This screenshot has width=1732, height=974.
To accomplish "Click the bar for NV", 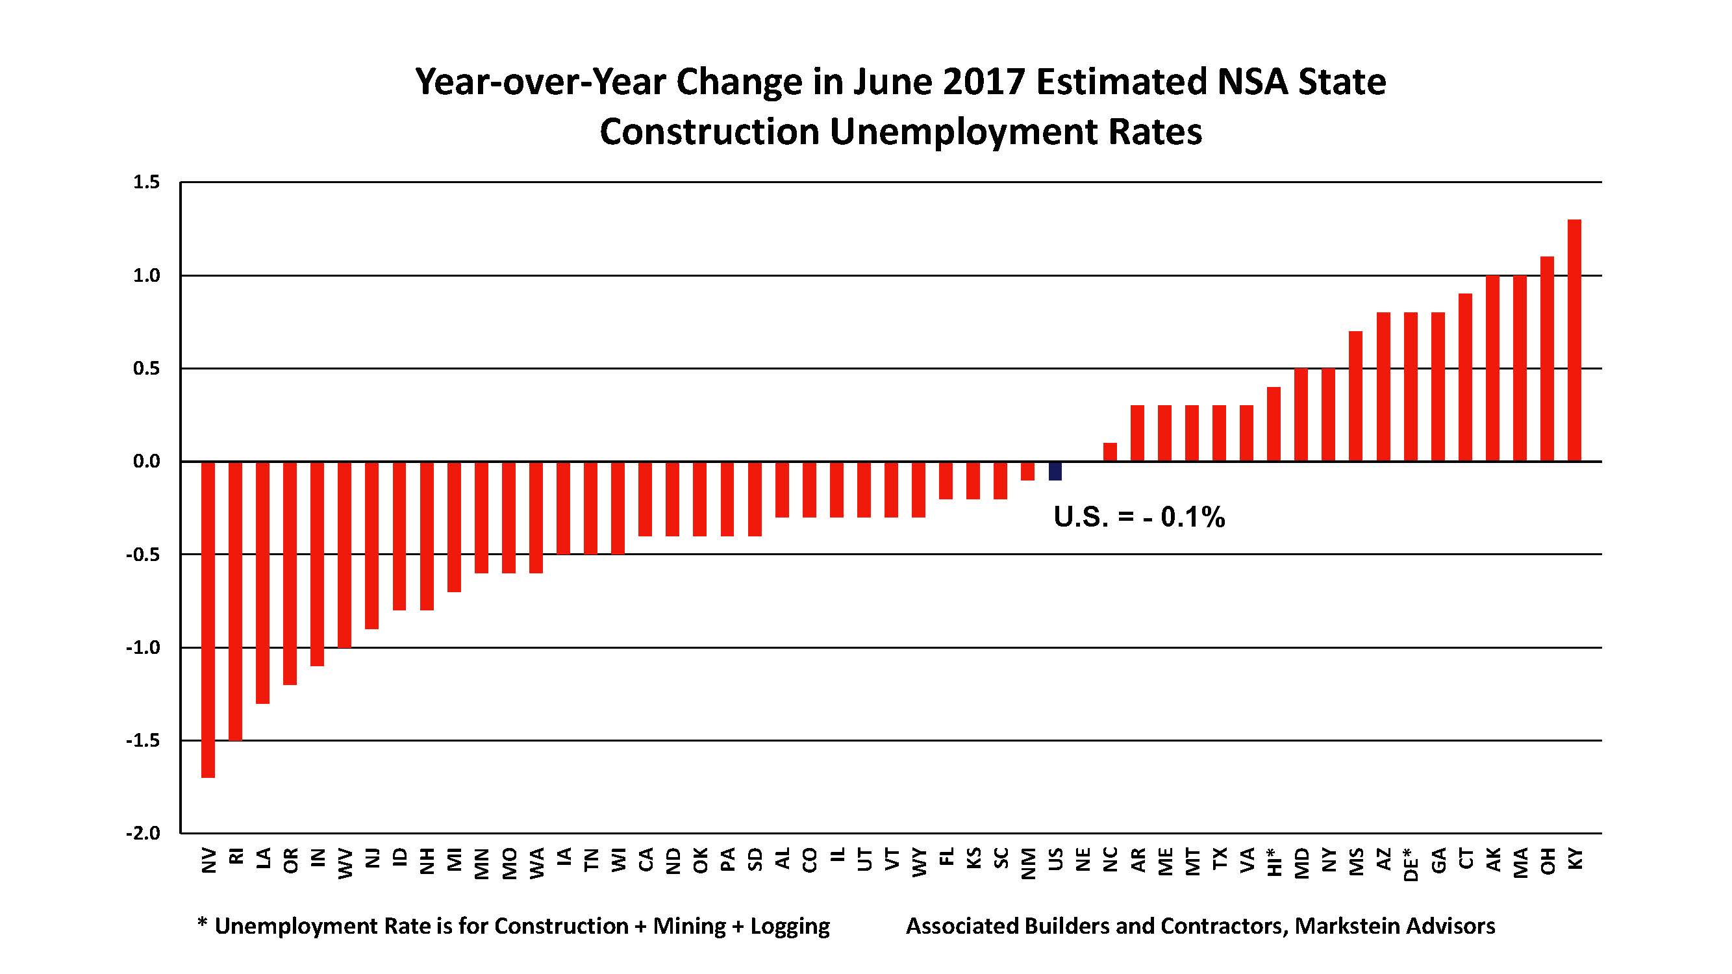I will click(x=208, y=618).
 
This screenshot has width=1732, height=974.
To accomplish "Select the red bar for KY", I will click(x=1574, y=340).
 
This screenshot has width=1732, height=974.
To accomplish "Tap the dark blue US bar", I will click(x=1055, y=471).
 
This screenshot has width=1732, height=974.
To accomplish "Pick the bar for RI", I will click(x=235, y=600).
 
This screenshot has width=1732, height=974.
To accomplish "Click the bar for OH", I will click(x=1546, y=359).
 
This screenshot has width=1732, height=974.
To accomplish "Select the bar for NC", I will click(x=1109, y=453).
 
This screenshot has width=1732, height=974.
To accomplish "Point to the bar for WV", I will click(x=344, y=555).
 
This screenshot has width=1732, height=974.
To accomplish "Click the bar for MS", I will click(x=1355, y=396).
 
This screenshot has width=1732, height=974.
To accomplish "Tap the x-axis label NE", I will click(x=1083, y=860).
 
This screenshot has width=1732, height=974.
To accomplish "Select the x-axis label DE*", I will click(x=1411, y=863).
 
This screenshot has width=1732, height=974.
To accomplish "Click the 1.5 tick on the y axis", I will click(x=147, y=182).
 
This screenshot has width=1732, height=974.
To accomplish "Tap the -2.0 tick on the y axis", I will click(x=144, y=834).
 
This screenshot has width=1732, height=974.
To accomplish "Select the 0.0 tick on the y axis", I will click(x=147, y=462).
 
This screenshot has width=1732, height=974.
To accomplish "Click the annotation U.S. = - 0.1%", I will click(x=1139, y=517).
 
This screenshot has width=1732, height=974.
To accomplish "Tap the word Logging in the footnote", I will click(x=790, y=927).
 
